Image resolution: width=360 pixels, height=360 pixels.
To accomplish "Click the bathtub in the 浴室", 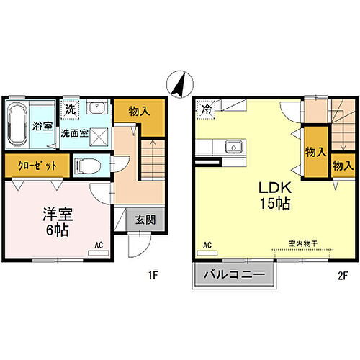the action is pyautogui.click(x=17, y=125).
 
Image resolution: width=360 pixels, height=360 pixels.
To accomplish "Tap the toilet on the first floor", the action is pyautogui.click(x=87, y=166).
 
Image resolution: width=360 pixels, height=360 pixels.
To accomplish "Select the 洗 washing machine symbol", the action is pyautogui.click(x=70, y=109).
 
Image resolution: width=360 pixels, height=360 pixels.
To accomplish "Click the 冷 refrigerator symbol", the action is pyautogui.click(x=206, y=109).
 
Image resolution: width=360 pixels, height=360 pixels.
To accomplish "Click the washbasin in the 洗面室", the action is pyautogui.click(x=99, y=107).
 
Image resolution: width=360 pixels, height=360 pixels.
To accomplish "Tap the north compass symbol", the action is pyautogui.click(x=180, y=84).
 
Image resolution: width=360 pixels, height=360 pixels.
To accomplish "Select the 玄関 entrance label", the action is pyautogui.click(x=145, y=220).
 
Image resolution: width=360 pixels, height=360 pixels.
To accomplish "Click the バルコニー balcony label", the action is pyautogui.click(x=234, y=274).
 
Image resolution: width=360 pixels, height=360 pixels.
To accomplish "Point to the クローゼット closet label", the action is pyautogui.click(x=37, y=166).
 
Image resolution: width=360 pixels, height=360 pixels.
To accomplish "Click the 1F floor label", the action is pyautogui.click(x=153, y=276).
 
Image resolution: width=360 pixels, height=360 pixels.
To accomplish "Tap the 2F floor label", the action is pyautogui.click(x=343, y=276).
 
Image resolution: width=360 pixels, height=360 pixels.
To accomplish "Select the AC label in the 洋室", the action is pyautogui.click(x=99, y=246).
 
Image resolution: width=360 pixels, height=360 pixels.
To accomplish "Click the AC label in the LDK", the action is pyautogui.click(x=207, y=246).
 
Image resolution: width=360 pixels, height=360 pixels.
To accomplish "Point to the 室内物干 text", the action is pyautogui.click(x=303, y=244).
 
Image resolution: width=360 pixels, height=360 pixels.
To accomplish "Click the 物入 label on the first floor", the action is pyautogui.click(x=139, y=112).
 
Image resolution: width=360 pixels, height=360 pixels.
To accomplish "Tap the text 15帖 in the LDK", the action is pyautogui.click(x=275, y=204).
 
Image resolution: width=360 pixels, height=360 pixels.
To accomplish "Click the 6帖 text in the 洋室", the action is pyautogui.click(x=58, y=230).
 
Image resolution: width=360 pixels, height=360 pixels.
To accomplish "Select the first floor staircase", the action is pyautogui.click(x=153, y=160).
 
